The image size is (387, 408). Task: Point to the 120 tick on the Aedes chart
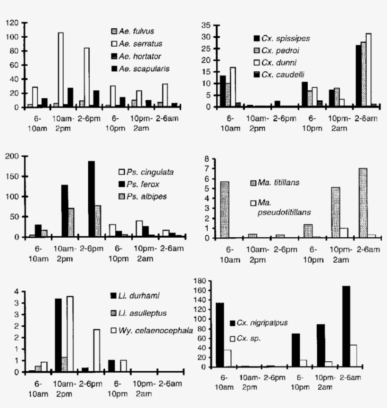[x=13, y=23]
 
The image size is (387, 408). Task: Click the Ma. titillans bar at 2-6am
[x=363, y=203]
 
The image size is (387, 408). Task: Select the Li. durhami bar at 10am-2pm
[x=59, y=335]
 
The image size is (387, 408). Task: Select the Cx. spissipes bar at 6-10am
[x=223, y=91]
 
